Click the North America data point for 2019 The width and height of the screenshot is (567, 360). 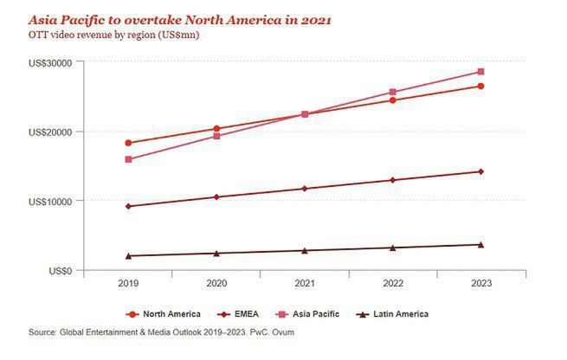[x=128, y=143]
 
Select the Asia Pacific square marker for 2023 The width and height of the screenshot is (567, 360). [x=480, y=72]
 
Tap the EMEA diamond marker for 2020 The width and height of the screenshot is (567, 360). [x=216, y=197]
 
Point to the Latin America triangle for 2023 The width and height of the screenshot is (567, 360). [x=480, y=245]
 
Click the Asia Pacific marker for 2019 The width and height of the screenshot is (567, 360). [x=128, y=159]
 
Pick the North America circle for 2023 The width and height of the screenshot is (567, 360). [x=480, y=86]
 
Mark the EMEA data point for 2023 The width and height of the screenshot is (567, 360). [x=480, y=171]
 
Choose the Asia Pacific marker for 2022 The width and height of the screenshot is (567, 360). [x=392, y=92]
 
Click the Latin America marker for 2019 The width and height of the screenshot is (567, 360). [x=128, y=256]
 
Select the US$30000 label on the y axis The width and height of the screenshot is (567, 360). [x=49, y=63]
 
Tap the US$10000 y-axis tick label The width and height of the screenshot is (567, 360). [x=49, y=202]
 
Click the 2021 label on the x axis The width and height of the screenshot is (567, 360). [x=304, y=284]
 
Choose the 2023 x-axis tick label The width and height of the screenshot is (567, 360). [x=480, y=284]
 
